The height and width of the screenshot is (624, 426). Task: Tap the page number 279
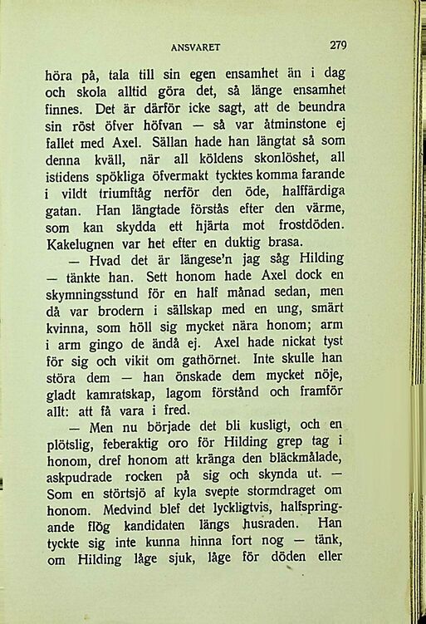tap(337, 45)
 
